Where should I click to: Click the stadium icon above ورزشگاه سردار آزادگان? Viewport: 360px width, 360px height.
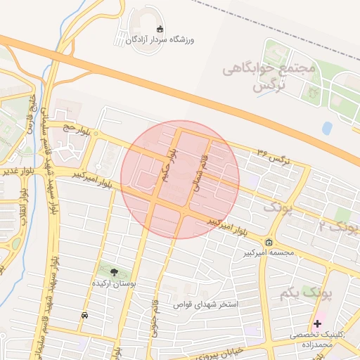click(x=160, y=29)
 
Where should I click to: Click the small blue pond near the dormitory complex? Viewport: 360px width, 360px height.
click(x=327, y=128)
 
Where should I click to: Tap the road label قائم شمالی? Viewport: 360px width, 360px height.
click(x=198, y=175)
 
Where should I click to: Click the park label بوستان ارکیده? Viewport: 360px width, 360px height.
click(x=113, y=283)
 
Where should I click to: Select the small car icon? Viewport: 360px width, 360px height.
click(x=85, y=315)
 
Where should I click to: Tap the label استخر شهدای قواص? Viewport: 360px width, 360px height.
click(x=210, y=304)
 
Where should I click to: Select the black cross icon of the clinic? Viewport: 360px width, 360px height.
click(x=318, y=323)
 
